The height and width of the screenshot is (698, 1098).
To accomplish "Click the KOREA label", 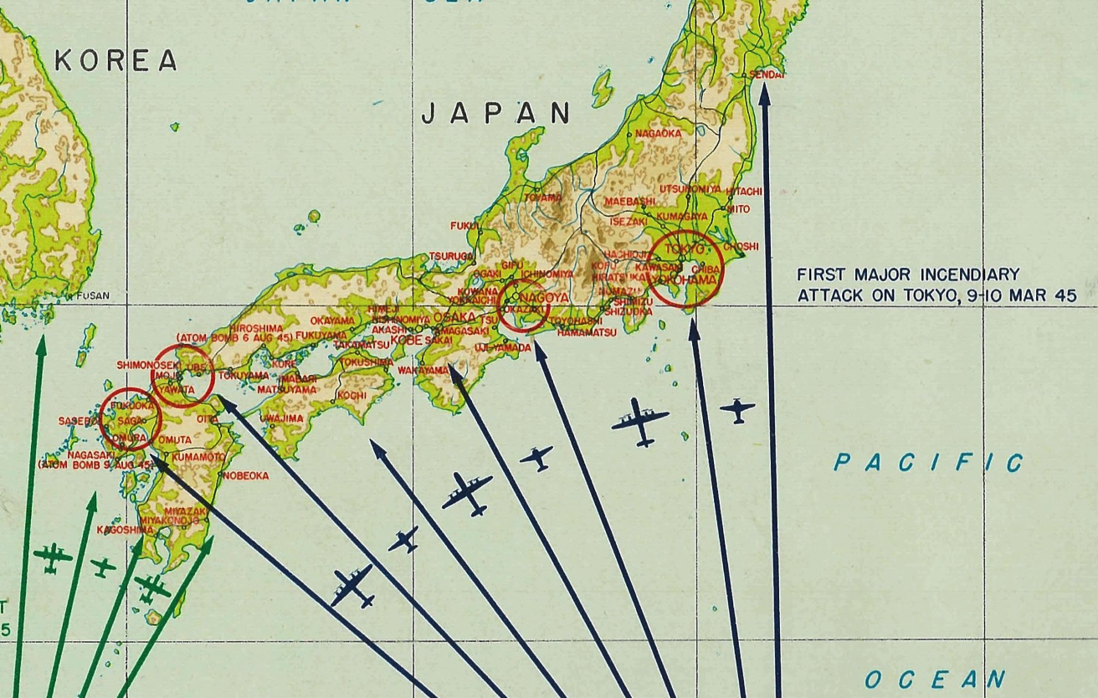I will coord(116,60).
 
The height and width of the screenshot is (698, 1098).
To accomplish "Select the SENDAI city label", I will coord(767,74).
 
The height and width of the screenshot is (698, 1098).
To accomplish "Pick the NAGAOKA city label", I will coord(658,133).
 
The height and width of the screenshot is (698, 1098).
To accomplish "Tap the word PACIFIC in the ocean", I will coord(928,463).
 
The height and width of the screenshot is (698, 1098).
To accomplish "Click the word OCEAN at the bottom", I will coord(935,679).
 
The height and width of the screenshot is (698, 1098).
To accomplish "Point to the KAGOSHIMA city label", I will coord(125,530).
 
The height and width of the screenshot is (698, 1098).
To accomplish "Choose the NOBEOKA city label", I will coord(246,475).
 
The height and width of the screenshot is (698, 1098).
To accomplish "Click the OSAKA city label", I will coord(454,317).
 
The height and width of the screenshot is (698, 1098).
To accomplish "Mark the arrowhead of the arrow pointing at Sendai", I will coord(764,90).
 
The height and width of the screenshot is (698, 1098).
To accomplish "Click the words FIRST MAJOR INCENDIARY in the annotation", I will coord(908,275).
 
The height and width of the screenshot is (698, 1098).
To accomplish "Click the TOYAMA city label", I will coord(543,198).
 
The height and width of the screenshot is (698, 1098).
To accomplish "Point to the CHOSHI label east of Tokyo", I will coord(741,246).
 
